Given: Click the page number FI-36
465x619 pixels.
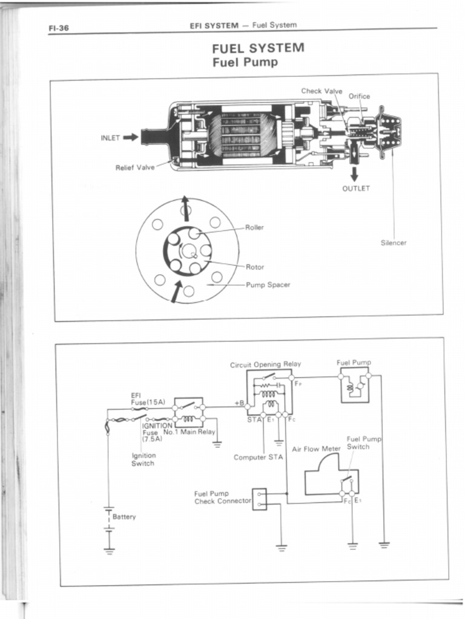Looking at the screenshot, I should pos(59,28).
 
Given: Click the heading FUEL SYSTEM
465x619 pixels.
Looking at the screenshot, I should pos(258,48).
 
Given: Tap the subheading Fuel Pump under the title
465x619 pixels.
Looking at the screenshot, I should pos(245,62).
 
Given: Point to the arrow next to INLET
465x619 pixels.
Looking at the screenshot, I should pos(131,137).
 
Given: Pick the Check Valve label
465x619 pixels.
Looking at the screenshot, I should pos(322,91).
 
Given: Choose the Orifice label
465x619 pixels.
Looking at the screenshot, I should pos(359,96).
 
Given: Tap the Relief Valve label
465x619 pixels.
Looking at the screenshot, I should pos(135,167).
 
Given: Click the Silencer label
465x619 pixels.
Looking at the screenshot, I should pos(394,243).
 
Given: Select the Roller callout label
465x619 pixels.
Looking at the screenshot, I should pos(254,228).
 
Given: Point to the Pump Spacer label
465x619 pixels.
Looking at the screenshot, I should pos(268,284).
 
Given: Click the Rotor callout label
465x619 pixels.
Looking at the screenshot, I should pos(254,267).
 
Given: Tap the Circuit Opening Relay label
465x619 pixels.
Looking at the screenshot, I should pos(265,365).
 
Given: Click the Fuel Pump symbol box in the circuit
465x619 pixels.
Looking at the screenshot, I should pos(354,384).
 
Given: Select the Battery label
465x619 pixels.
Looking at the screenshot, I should pos(124,517).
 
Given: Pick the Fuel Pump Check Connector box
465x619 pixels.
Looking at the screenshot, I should pos(259,499).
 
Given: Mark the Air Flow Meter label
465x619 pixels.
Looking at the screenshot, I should pos(316,449).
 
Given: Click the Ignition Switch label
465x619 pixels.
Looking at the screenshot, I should pos(143,459).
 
